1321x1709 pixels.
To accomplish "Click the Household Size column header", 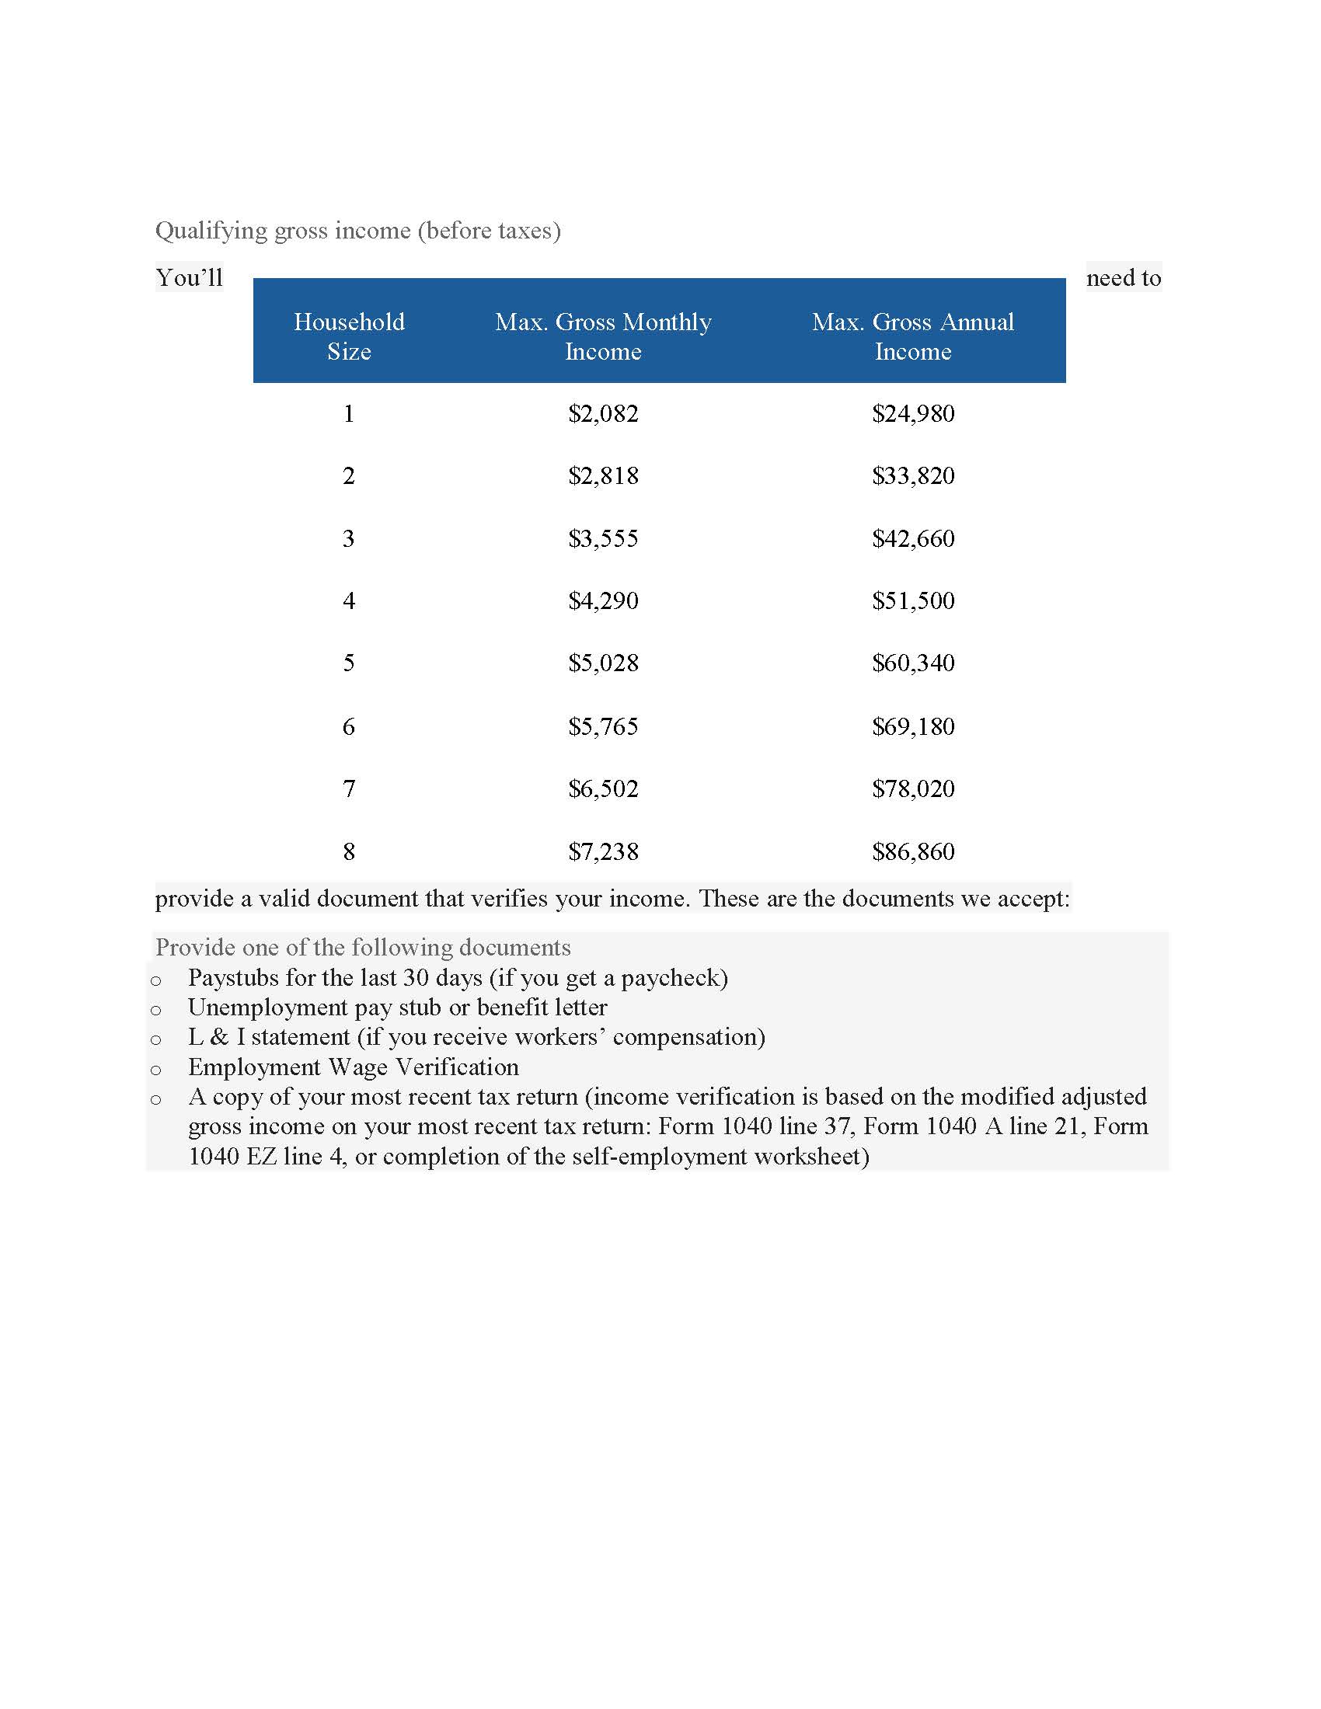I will (x=349, y=336).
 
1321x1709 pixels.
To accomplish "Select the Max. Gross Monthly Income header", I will (x=602, y=336).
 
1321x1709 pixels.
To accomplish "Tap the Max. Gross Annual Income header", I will (x=912, y=336).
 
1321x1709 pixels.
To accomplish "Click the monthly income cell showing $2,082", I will (x=603, y=413).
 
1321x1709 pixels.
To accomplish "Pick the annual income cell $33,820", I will (x=913, y=475).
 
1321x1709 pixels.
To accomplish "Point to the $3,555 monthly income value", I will (x=603, y=538).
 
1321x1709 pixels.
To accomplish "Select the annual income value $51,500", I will (x=913, y=601).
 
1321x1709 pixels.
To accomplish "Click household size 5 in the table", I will (x=349, y=663).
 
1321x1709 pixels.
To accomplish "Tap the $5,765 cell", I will (x=603, y=726).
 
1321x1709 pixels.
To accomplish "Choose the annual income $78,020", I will (x=913, y=788).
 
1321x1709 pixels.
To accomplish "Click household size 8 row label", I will (x=349, y=851).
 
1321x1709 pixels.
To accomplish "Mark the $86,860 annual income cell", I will (x=913, y=851).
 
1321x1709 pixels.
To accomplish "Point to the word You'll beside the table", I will (x=190, y=278).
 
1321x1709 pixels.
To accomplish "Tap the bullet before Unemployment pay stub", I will (x=155, y=1010).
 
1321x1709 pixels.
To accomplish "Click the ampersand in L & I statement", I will (x=220, y=1038).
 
